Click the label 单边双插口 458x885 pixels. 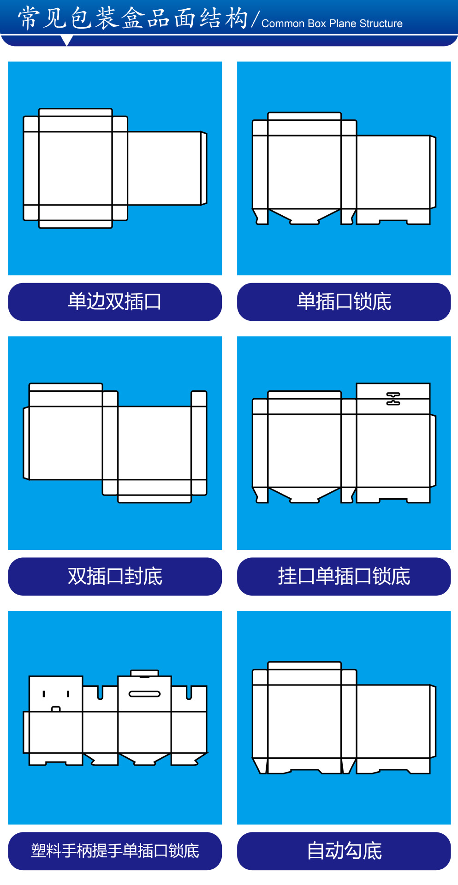coord(115,302)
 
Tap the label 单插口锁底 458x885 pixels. coord(344,302)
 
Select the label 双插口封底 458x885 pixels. coord(115,577)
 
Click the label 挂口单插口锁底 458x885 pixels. coord(344,577)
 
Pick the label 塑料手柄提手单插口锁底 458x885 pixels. coord(115,851)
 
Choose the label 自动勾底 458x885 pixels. coord(344,851)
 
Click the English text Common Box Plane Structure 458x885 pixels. coord(332,24)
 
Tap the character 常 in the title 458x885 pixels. coord(29,18)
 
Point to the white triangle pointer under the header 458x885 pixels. coord(67,41)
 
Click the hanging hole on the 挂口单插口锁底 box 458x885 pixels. coord(393,399)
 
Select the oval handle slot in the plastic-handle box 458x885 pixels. coord(144,694)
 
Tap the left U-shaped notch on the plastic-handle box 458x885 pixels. coord(100,693)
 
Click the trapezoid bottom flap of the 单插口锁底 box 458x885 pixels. coord(304,216)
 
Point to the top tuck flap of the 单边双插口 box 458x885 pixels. coord(76,112)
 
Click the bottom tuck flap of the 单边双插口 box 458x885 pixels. coord(76,224)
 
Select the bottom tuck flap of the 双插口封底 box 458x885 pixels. coord(155,499)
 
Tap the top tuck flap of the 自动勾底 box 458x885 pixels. coord(304,666)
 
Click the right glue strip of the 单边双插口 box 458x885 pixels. coord(204,168)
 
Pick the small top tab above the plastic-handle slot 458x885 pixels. coord(144,673)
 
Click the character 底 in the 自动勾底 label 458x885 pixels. coord(372,851)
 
